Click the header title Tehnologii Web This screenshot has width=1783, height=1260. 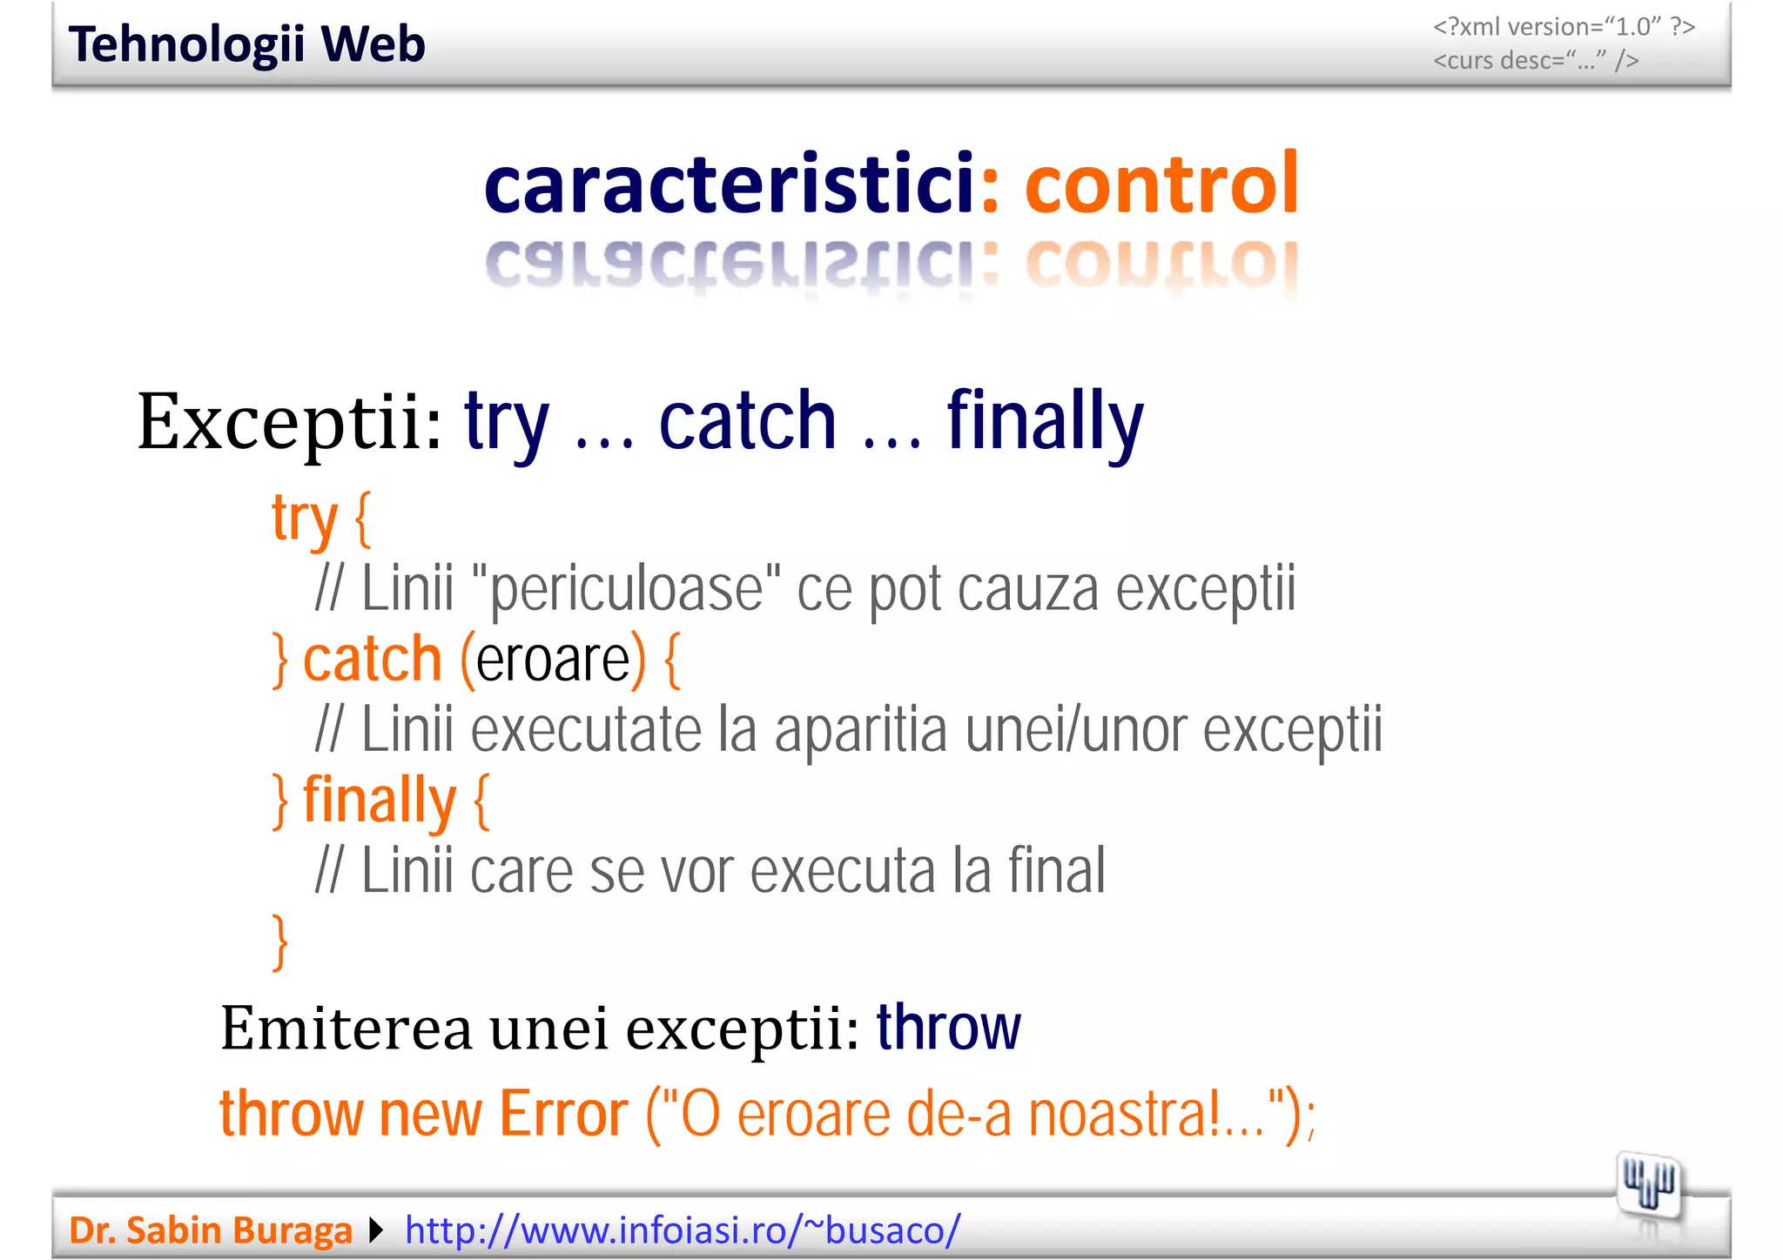click(x=246, y=44)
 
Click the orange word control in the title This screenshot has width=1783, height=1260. click(x=1161, y=184)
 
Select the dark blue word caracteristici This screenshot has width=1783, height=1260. click(x=729, y=184)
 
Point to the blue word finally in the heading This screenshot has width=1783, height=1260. click(x=1045, y=424)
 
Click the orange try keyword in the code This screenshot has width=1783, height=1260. click(x=304, y=519)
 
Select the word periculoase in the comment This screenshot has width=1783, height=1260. click(x=626, y=590)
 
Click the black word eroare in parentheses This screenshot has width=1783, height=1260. click(x=553, y=660)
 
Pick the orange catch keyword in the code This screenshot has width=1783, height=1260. click(x=373, y=660)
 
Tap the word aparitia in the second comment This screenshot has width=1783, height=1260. click(x=860, y=731)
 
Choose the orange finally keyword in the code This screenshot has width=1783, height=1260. click(x=379, y=801)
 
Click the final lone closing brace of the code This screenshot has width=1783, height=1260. click(x=279, y=942)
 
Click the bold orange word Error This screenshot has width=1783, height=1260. click(x=563, y=1115)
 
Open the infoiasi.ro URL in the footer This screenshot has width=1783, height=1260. click(x=683, y=1230)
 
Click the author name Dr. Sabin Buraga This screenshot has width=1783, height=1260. click(x=211, y=1230)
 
